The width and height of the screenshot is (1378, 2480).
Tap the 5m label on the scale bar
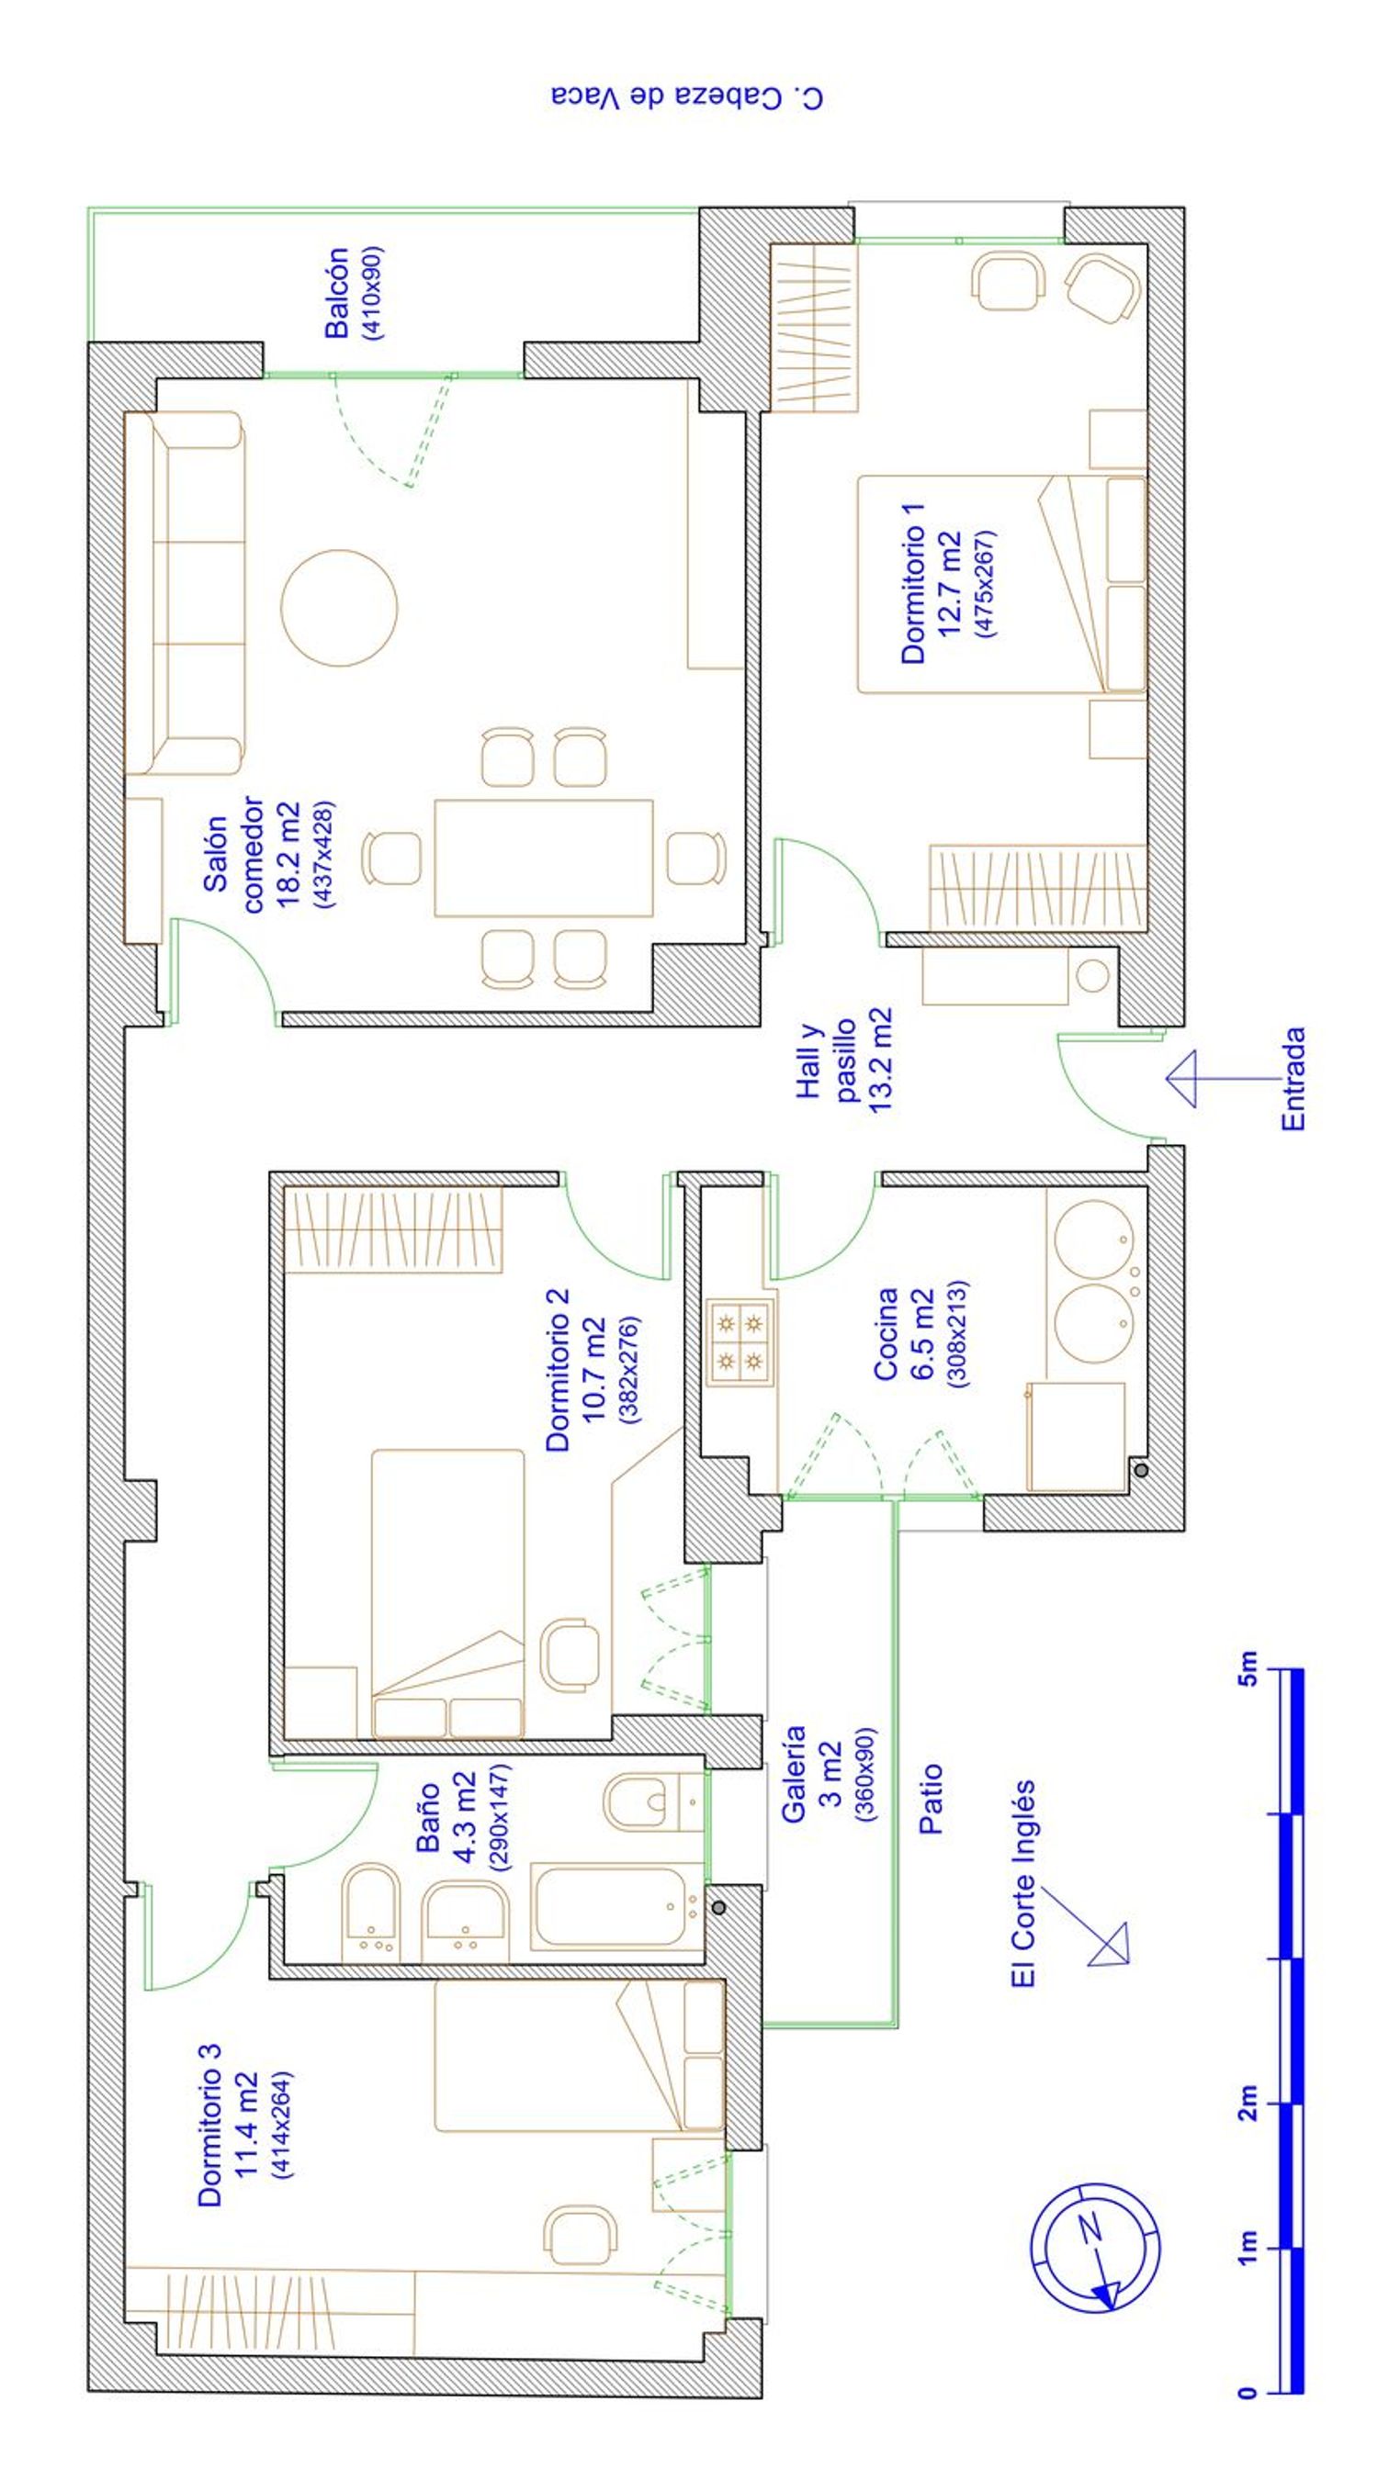pyautogui.click(x=1246, y=1668)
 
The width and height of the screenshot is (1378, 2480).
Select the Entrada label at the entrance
pyautogui.click(x=1293, y=1078)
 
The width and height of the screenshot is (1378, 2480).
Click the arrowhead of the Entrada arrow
pyautogui.click(x=1180, y=1078)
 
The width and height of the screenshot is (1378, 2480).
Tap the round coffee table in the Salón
pyautogui.click(x=339, y=608)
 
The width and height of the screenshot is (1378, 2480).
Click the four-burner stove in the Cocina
pyautogui.click(x=740, y=1343)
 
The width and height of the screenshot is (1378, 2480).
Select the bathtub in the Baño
pyautogui.click(x=618, y=1906)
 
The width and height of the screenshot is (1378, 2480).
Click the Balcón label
pyautogui.click(x=337, y=293)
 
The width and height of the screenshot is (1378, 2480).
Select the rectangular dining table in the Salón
pyautogui.click(x=544, y=858)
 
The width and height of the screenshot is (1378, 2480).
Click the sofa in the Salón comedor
pyautogui.click(x=185, y=593)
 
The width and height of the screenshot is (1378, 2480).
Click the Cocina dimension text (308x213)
pyautogui.click(x=958, y=1333)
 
